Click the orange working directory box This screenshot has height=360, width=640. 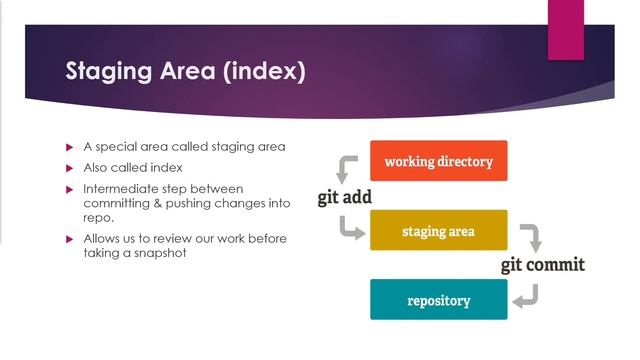[438, 161]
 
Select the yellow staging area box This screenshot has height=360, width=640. [438, 231]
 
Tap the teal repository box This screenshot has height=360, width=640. [438, 300]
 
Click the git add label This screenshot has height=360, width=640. [345, 197]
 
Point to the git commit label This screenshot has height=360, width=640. [543, 265]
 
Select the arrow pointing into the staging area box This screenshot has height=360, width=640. [351, 231]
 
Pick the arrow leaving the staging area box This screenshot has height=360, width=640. [531, 236]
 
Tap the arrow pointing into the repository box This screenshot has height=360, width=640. [527, 297]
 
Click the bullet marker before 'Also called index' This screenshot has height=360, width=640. [70, 167]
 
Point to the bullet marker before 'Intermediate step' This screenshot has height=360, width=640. [70, 188]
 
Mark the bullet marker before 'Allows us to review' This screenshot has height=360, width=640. [70, 239]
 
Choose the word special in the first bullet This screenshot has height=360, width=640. [118, 147]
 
